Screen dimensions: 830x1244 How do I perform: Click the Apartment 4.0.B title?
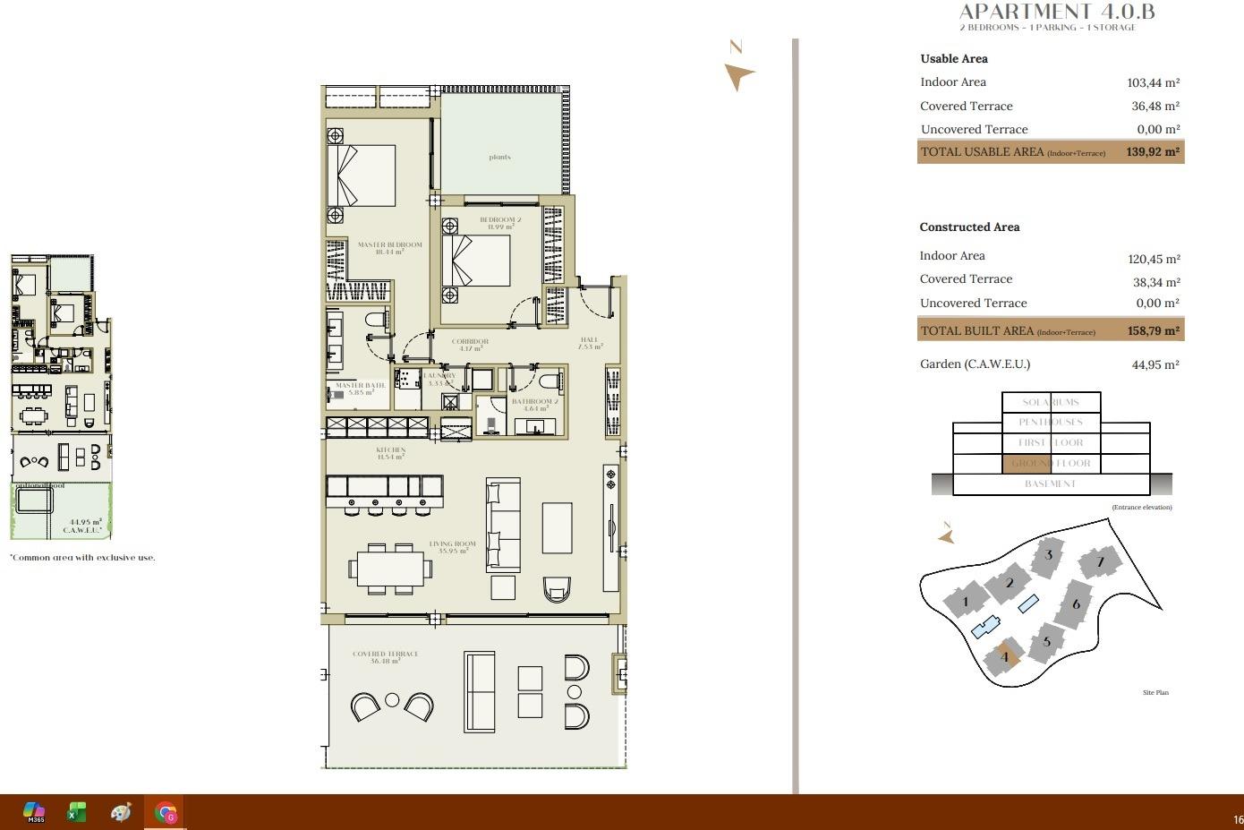point(1056,12)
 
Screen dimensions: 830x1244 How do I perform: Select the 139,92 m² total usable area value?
point(1153,152)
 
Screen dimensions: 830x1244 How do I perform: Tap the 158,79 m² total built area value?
point(1153,330)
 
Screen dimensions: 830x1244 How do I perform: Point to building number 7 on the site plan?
point(1100,562)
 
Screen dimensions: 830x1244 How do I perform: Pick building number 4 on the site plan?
point(1004,657)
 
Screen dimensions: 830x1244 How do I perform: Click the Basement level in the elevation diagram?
point(1050,483)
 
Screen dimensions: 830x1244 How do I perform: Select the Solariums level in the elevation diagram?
point(1051,403)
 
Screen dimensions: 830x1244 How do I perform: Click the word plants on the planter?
point(499,158)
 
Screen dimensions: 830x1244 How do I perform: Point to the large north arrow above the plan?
point(738,75)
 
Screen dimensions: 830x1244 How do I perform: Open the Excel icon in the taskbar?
point(76,812)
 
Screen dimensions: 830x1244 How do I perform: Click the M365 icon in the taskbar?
point(34,812)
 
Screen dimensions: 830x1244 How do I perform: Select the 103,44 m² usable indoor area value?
point(1153,82)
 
